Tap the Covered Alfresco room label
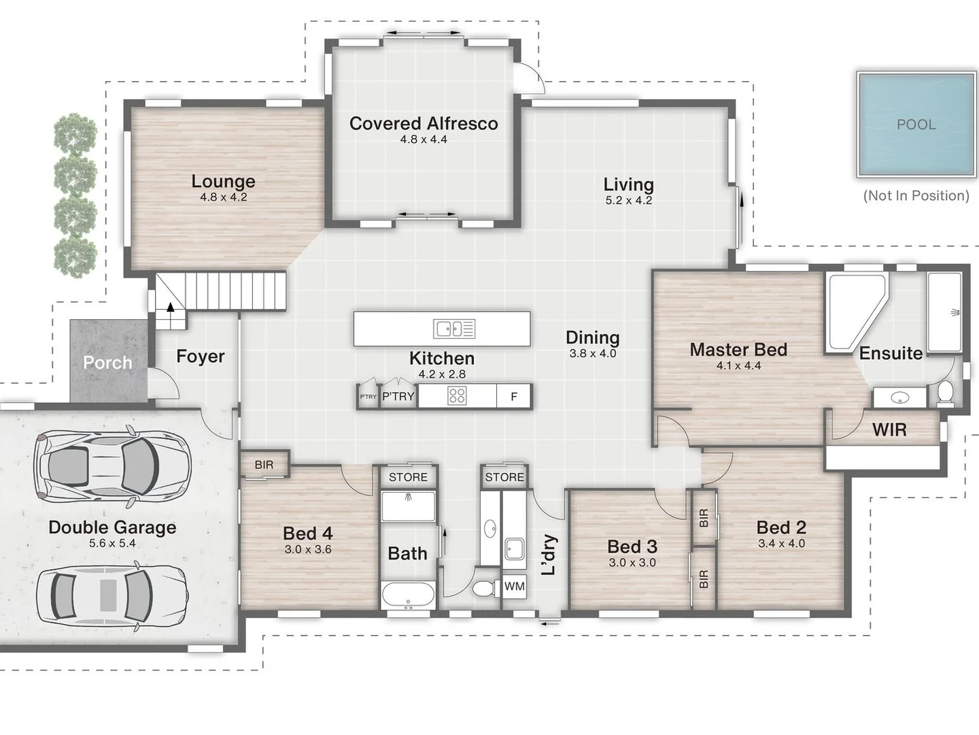[x=423, y=123]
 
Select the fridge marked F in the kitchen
[x=514, y=396]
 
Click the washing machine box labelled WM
[x=514, y=586]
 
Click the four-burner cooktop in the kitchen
[x=457, y=396]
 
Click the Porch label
[x=107, y=363]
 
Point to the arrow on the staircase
[x=171, y=307]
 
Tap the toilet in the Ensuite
[x=945, y=393]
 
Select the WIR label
[x=889, y=429]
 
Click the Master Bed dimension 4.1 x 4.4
[x=738, y=365]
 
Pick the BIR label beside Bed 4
[x=264, y=465]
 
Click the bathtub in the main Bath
[x=408, y=595]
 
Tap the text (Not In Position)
[x=916, y=195]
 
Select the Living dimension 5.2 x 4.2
[x=628, y=201]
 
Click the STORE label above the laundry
[x=504, y=477]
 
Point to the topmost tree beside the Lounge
[x=75, y=133]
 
